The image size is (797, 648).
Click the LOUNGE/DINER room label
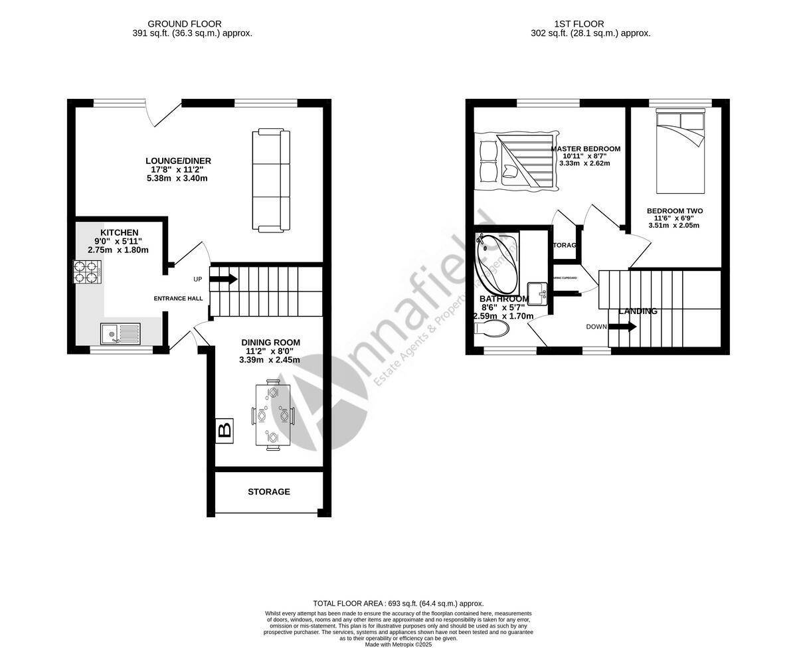coord(179,161)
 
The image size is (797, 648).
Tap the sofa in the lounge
coord(271,181)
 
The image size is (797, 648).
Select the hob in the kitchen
coord(87,272)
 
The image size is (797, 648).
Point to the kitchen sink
coord(121,333)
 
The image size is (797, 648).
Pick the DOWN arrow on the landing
coord(622,327)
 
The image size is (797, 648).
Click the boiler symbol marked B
coord(224,430)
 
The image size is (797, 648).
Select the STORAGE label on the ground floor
coord(269,492)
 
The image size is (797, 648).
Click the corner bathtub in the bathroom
coord(497,264)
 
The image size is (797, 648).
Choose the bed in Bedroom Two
coord(679,149)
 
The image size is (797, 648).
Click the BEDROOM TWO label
coord(675,211)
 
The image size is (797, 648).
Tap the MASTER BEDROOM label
coord(586,148)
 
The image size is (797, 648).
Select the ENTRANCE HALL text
coord(179,299)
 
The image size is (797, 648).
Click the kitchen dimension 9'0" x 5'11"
coord(118,241)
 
